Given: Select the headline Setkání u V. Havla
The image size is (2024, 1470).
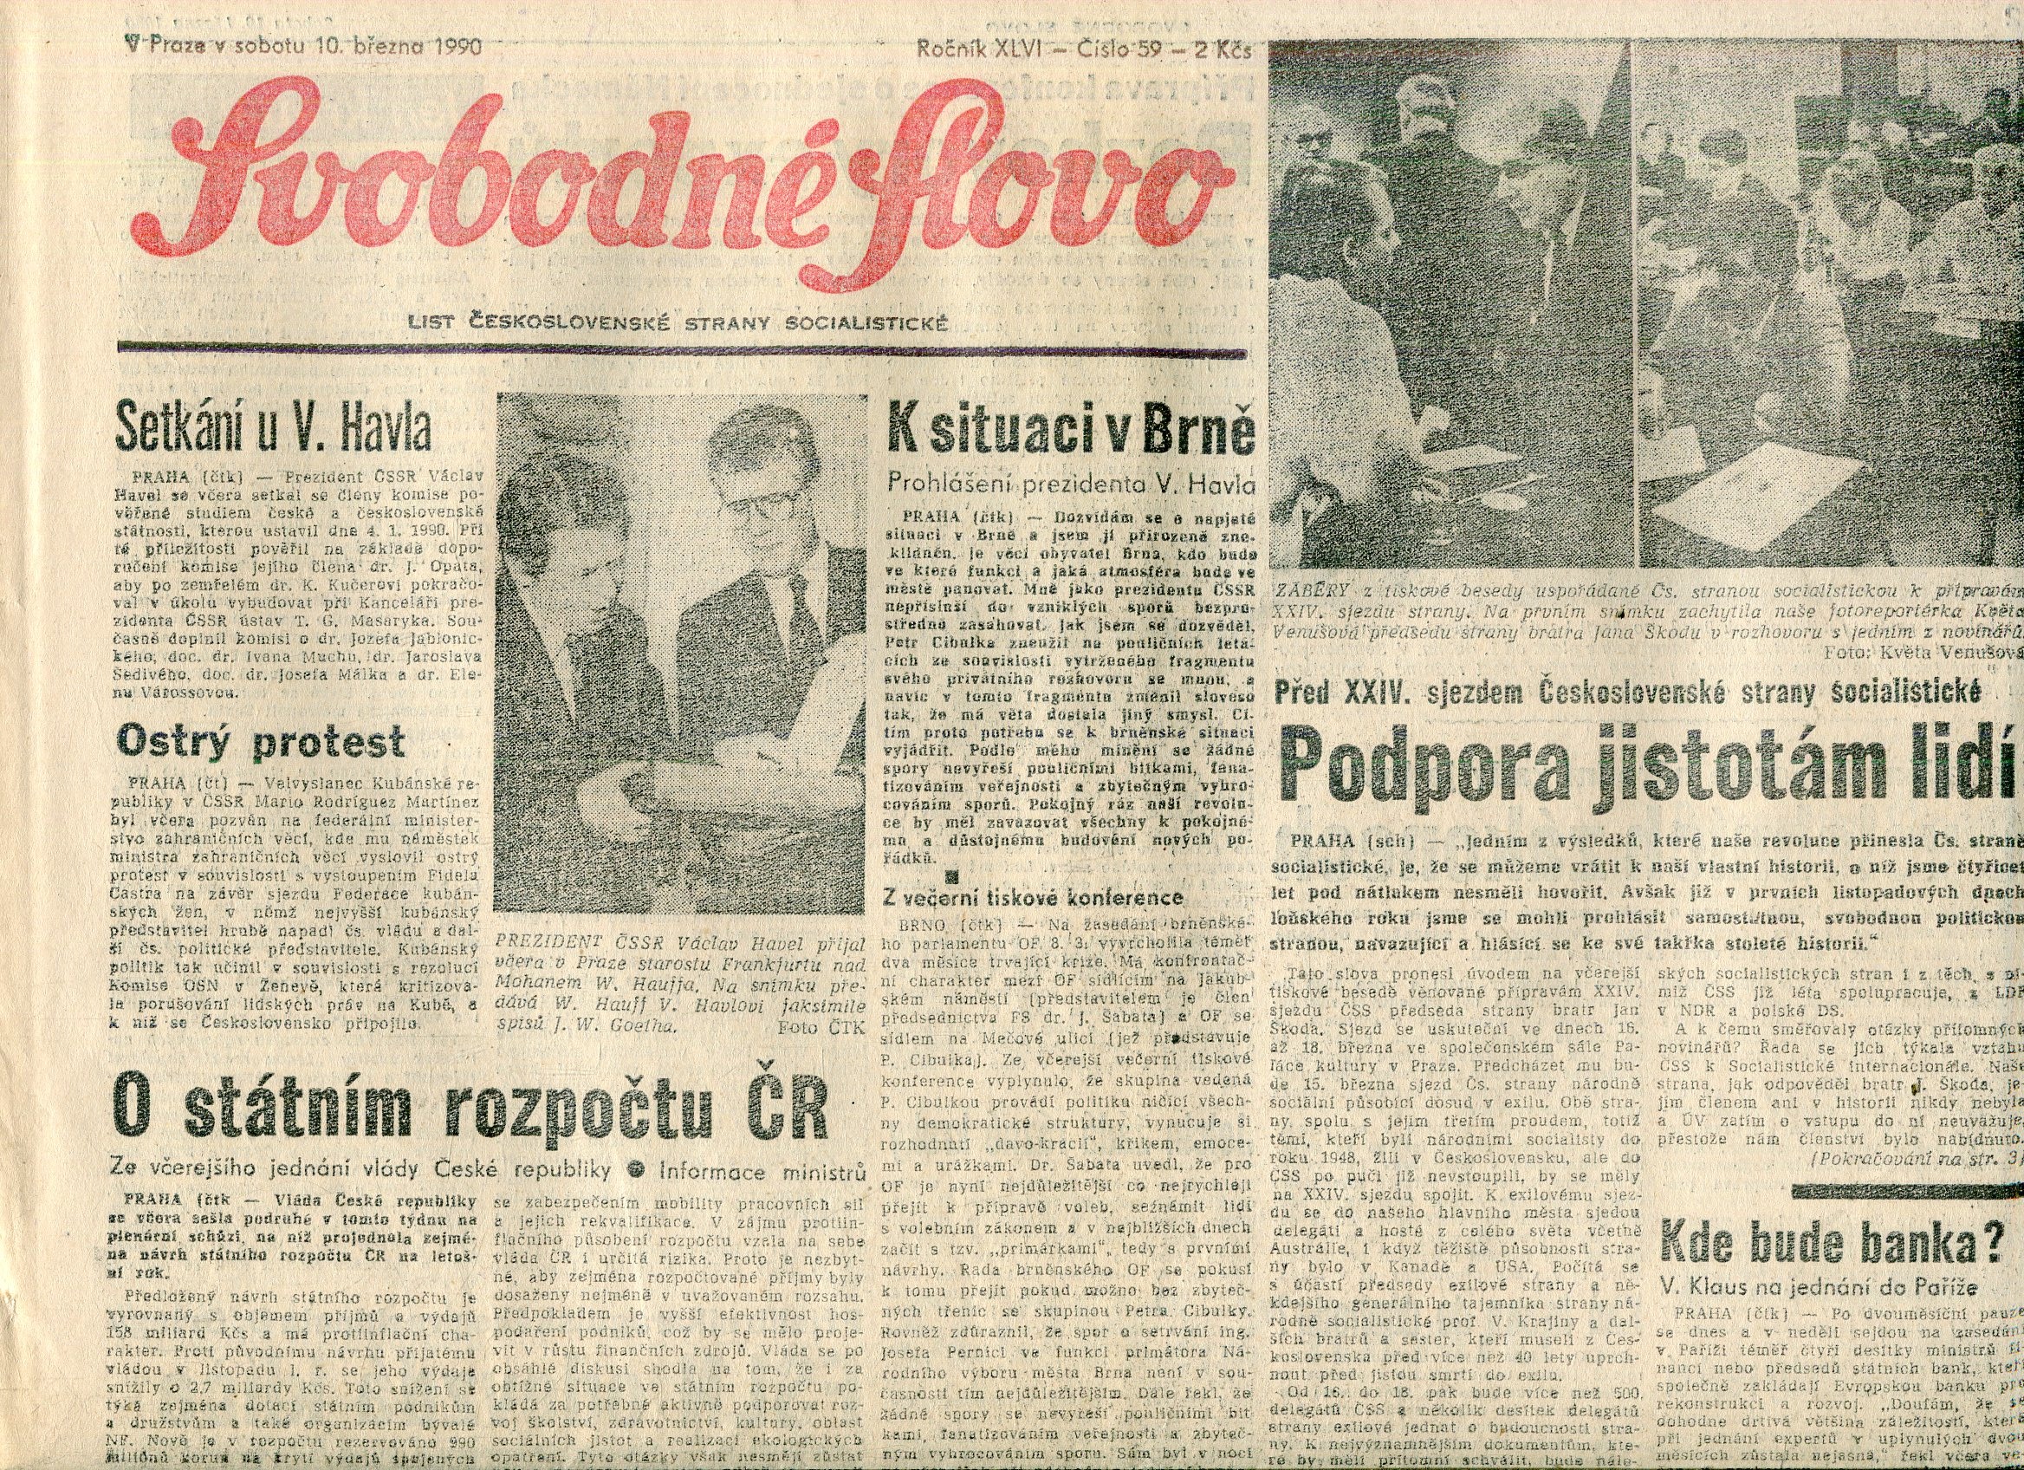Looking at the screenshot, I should [273, 431].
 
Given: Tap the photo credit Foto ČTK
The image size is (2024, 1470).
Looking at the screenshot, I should [821, 1026].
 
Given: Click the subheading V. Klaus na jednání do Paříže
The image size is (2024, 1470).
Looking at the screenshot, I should [1818, 1287].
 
